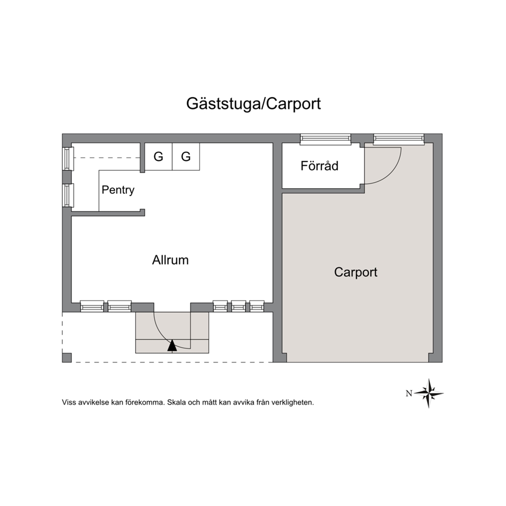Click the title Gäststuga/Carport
(x=254, y=104)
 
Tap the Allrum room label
(x=170, y=260)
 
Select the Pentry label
(x=118, y=190)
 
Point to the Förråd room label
(x=319, y=166)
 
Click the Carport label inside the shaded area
(x=356, y=272)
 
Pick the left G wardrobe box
(x=159, y=157)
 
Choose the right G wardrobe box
(x=186, y=157)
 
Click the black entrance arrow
(x=172, y=345)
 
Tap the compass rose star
(x=428, y=393)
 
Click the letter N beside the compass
(x=409, y=393)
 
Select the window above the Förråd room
(x=325, y=139)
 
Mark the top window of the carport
(x=399, y=139)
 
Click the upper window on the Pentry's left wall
(x=68, y=159)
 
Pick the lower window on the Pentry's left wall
(x=68, y=195)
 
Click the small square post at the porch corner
(x=67, y=358)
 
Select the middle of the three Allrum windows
(x=239, y=306)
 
